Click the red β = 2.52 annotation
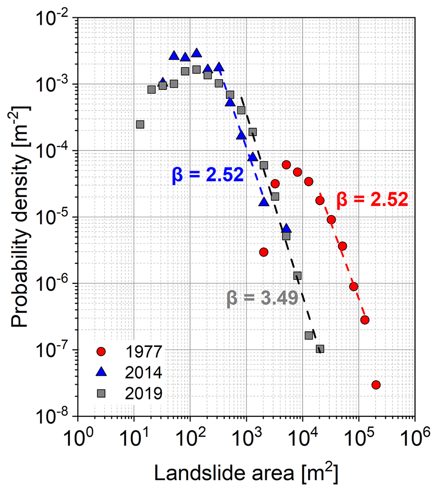[372, 199]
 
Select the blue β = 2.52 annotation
[207, 175]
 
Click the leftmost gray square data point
[140, 124]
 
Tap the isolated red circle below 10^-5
[264, 252]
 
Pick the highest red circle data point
[286, 165]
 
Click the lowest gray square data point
[320, 349]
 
